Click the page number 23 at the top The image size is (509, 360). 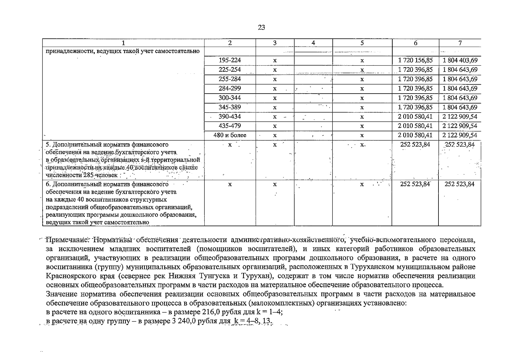point(261,28)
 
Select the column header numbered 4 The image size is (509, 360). point(313,43)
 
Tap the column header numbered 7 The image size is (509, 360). point(460,43)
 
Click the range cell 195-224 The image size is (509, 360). point(230,60)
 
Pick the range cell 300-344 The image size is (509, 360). point(230,98)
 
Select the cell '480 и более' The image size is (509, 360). point(230,135)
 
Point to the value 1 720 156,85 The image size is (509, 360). point(415,60)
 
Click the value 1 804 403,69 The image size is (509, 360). point(460,60)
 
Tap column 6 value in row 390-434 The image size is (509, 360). point(415,116)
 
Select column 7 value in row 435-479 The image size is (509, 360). point(460,126)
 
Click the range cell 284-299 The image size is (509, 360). point(230,88)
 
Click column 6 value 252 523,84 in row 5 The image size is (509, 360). point(415,145)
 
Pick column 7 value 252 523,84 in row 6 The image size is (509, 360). point(459,184)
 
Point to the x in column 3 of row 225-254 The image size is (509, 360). point(275,70)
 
